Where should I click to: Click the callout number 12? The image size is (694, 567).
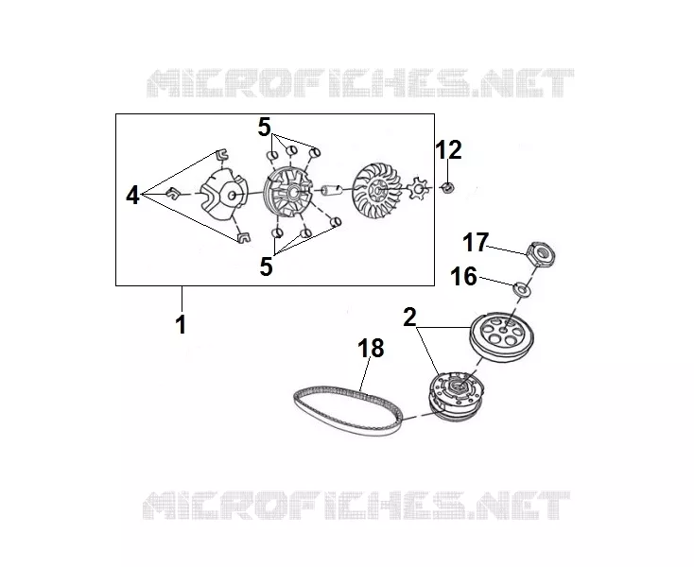[449, 150]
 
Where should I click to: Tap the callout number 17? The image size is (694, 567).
[476, 243]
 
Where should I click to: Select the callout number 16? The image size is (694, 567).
[463, 277]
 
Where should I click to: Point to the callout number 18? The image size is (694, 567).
[371, 348]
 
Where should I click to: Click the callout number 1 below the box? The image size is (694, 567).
[181, 325]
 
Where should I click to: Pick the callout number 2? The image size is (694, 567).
[409, 318]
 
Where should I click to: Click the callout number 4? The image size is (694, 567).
[132, 195]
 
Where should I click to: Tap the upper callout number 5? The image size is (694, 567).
[264, 128]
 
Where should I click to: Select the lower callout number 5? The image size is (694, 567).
[266, 266]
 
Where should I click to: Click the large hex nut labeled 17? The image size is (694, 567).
[541, 254]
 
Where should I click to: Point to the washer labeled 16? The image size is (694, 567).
[522, 289]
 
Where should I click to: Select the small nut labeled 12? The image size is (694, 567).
[447, 188]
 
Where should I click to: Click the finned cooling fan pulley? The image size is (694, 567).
[377, 189]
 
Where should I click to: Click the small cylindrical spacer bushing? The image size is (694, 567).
[332, 190]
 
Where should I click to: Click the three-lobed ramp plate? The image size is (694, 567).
[224, 194]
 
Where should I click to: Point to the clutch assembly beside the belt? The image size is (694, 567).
[457, 394]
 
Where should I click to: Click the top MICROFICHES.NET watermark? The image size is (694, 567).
[360, 83]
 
